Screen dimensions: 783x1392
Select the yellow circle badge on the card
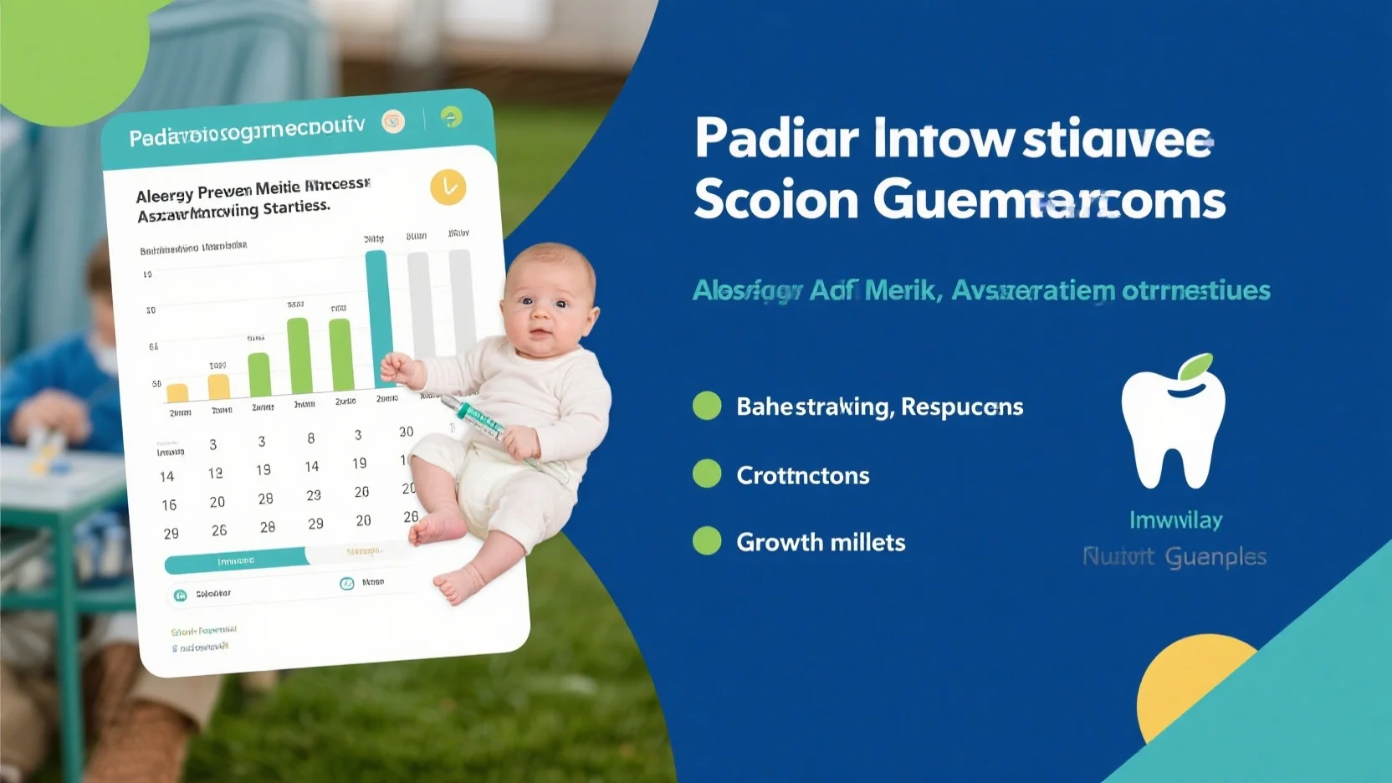pos(448,187)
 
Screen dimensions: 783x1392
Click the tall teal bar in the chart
pos(377,318)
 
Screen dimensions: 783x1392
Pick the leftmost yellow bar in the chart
pos(177,392)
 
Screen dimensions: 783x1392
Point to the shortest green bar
pos(259,374)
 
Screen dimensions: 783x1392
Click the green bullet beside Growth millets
pos(707,541)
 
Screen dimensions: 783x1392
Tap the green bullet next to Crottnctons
pos(707,473)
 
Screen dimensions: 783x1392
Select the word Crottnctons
pos(802,475)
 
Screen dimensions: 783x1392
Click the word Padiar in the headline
pos(776,139)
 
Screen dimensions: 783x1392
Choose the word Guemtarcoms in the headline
pos(1049,201)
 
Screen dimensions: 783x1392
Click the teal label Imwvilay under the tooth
pos(1175,520)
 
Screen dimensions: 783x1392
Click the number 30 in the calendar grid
pos(406,432)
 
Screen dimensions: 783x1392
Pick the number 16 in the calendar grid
pos(169,505)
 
